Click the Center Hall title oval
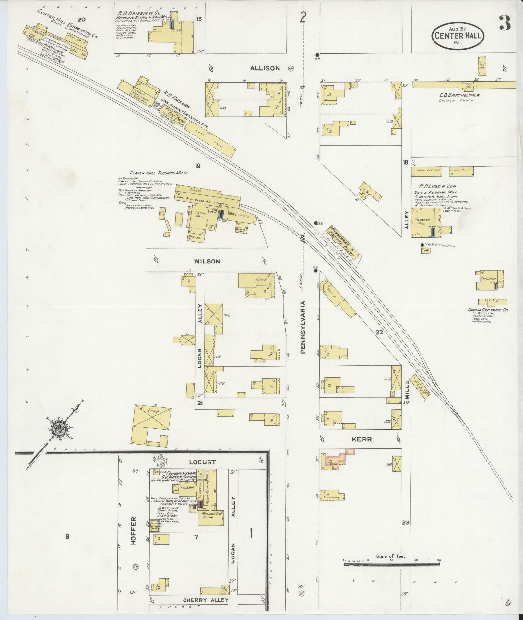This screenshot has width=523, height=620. pyautogui.click(x=458, y=36)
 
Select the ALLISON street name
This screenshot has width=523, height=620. pyautogui.click(x=265, y=68)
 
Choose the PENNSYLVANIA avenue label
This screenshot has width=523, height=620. pyautogui.click(x=303, y=327)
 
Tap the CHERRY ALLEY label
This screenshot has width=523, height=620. pyautogui.click(x=206, y=600)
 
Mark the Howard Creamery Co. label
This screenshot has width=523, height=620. pyautogui.click(x=487, y=310)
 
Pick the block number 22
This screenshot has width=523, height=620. pyautogui.click(x=379, y=332)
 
